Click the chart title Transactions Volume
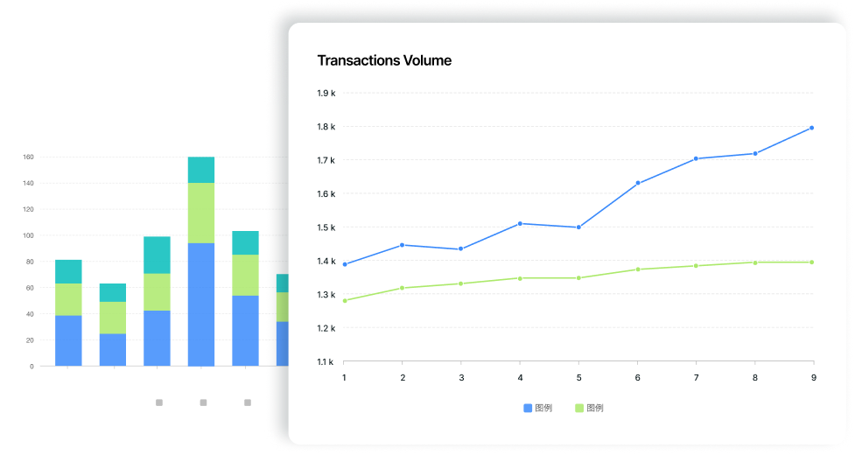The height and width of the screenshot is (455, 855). click(x=384, y=60)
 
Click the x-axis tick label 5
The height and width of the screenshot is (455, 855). click(x=578, y=377)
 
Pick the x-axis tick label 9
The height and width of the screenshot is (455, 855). click(x=813, y=377)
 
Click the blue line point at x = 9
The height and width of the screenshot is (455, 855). click(x=812, y=128)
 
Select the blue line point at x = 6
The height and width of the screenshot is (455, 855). click(x=637, y=183)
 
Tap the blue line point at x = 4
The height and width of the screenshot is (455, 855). click(x=520, y=223)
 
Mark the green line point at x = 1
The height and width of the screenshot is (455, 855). click(x=344, y=301)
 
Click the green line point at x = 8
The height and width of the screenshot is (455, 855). click(x=754, y=262)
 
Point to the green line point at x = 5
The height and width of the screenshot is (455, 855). click(x=578, y=278)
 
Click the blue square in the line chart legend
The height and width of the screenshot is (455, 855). click(x=528, y=409)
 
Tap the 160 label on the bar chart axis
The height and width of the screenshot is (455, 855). click(x=28, y=157)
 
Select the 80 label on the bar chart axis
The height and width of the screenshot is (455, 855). click(x=30, y=262)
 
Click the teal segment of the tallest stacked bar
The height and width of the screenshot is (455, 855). click(x=201, y=170)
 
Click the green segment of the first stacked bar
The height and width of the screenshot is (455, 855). click(x=68, y=299)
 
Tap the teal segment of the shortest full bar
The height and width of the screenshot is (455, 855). click(x=113, y=292)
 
